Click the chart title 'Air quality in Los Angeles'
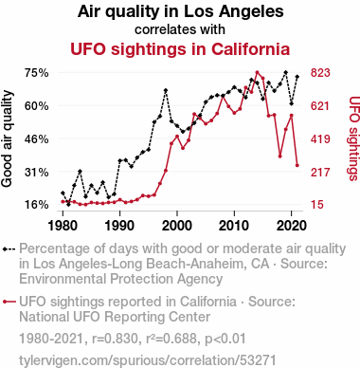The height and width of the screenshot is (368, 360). click(180, 12)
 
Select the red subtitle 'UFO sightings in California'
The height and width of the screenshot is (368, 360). click(180, 49)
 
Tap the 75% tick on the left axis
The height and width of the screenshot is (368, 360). click(37, 73)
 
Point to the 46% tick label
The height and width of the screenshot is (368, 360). click(37, 138)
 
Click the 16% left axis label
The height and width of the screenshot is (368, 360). click(37, 205)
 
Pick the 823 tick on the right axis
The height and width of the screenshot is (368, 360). click(320, 73)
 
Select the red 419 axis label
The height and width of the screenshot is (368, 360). click(320, 138)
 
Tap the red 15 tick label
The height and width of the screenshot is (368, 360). click(317, 205)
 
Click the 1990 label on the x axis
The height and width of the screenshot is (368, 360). click(120, 226)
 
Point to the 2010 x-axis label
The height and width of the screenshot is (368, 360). click(234, 226)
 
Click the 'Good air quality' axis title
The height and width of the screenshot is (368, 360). click(7, 138)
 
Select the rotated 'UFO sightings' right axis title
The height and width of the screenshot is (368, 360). click(353, 138)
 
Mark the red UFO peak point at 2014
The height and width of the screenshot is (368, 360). click(257, 72)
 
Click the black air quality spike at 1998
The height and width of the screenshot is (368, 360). click(166, 90)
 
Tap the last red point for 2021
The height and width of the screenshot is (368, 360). click(297, 165)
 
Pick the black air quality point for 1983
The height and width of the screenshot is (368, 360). click(80, 171)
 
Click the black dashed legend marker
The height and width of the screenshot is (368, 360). click(9, 249)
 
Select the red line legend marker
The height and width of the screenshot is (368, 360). click(9, 302)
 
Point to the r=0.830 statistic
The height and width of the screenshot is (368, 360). click(115, 339)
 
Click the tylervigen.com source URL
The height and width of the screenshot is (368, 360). click(148, 360)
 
